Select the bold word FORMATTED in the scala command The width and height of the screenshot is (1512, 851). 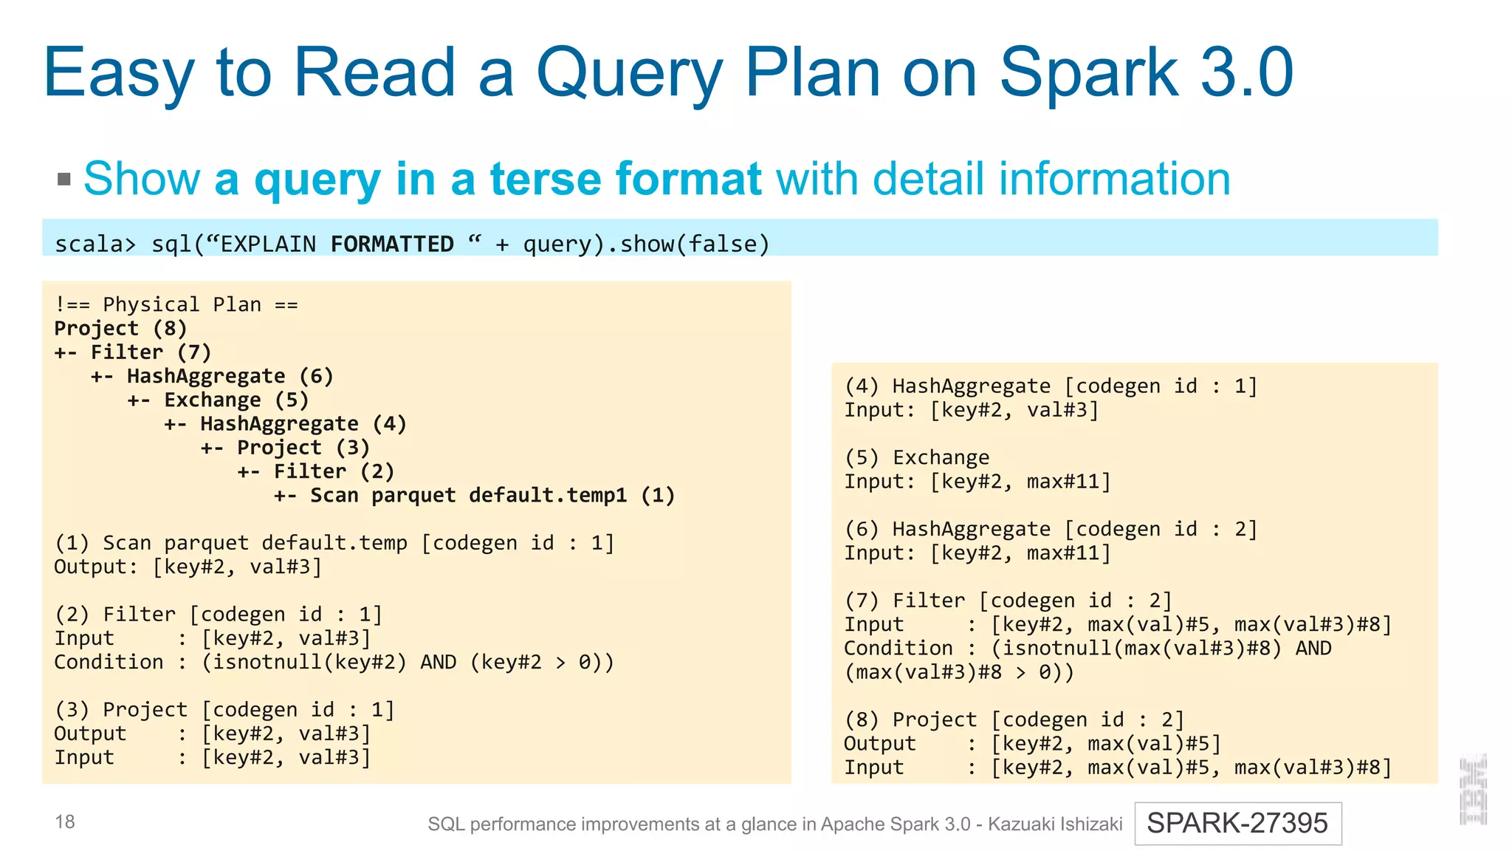pos(392,244)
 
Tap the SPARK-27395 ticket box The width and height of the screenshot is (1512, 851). pos(1237,823)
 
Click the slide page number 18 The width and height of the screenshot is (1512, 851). pos(65,821)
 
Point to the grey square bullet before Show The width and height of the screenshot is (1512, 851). pos(64,179)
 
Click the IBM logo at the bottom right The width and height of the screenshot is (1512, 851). pos(1473,789)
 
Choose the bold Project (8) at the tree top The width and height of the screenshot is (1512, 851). pos(120,329)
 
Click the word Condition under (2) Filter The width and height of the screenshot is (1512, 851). pos(109,662)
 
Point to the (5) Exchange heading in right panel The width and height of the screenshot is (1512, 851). pos(917,457)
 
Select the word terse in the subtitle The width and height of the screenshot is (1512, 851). pos(545,179)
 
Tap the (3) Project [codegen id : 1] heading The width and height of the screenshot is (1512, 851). pos(224,710)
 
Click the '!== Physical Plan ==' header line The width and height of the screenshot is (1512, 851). pos(176,304)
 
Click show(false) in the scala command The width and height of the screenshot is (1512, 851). pos(695,244)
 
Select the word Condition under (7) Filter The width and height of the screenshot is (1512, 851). pos(898,648)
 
